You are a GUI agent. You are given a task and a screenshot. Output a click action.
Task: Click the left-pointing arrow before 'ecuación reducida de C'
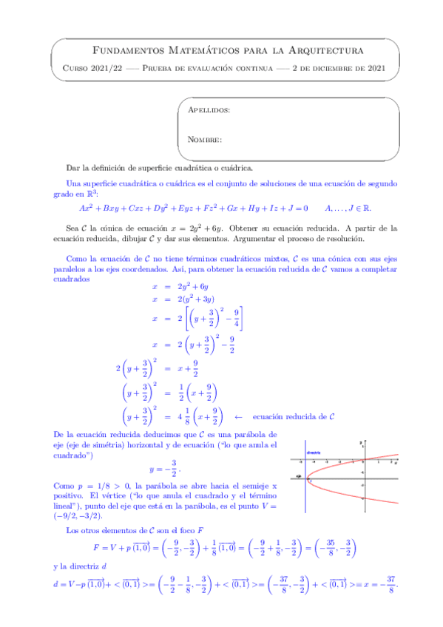(238, 417)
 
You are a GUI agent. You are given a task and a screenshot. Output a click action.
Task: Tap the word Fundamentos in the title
(122, 50)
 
